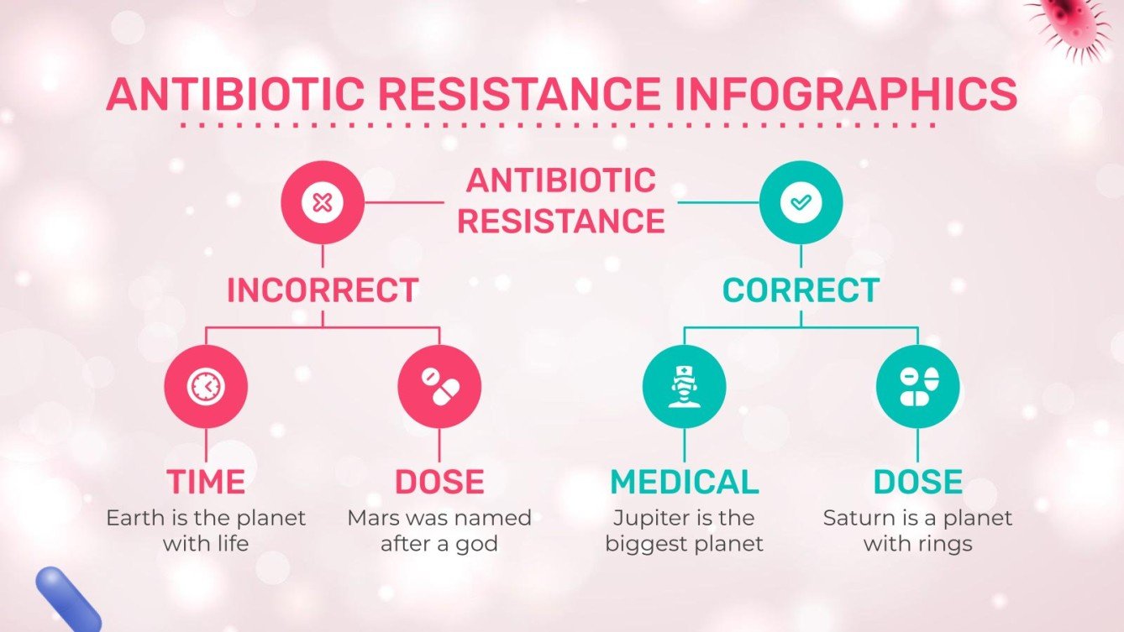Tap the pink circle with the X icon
pyautogui.click(x=322, y=202)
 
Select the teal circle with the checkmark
pyautogui.click(x=801, y=202)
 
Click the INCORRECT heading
pyautogui.click(x=323, y=290)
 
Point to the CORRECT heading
pyautogui.click(x=801, y=290)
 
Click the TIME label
pyautogui.click(x=206, y=482)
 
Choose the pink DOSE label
pyautogui.click(x=439, y=482)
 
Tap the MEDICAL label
pyautogui.click(x=684, y=482)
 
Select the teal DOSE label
pyautogui.click(x=917, y=482)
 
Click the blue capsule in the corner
pyautogui.click(x=66, y=598)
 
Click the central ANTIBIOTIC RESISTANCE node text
pyautogui.click(x=561, y=201)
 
